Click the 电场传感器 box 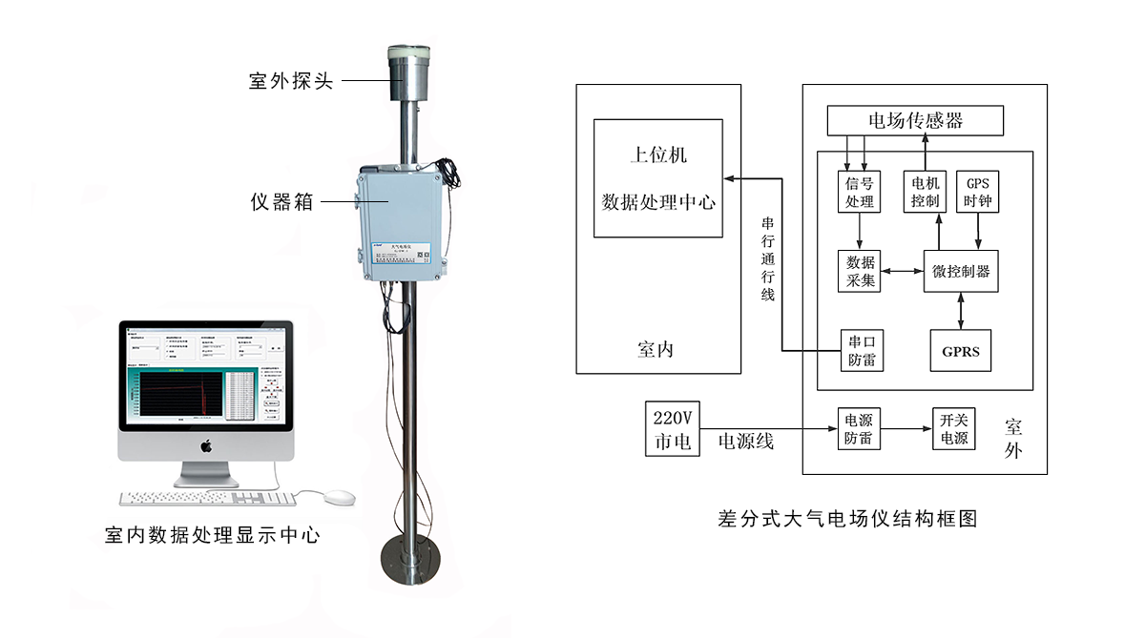[915, 120]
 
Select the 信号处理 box [860, 192]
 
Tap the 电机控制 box [925, 192]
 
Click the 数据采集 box [860, 271]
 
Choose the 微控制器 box [960, 271]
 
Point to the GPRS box [960, 351]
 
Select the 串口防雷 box [860, 351]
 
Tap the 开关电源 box [953, 429]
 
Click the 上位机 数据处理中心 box [657, 178]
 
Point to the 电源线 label [745, 441]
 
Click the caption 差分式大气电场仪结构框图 [847, 519]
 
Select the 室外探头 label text [290, 81]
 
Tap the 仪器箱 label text [281, 201]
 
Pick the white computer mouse [338, 497]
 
